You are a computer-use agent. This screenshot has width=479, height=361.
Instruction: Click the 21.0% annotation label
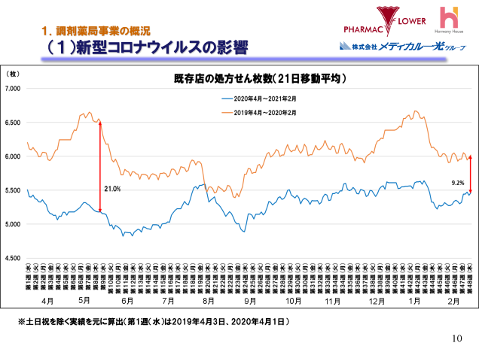coord(112,189)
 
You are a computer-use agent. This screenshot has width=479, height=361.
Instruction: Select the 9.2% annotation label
coord(457,183)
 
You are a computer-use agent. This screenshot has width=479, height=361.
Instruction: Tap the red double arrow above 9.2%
coord(470,174)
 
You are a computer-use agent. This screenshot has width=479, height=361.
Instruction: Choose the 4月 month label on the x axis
coord(47,300)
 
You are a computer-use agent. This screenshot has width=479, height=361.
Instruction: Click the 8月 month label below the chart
coord(209,300)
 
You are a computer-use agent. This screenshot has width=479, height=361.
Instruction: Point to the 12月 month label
coord(372,300)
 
